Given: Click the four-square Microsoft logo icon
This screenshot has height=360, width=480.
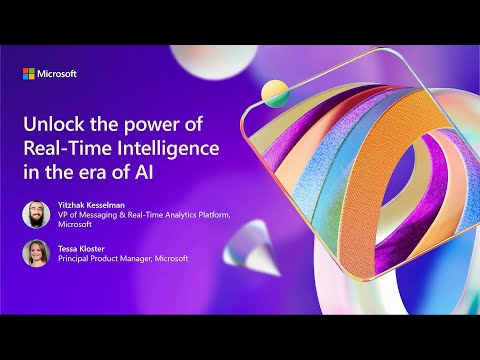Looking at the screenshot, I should tap(28, 73).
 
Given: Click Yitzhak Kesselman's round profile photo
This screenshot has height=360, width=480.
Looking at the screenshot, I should tap(35, 213).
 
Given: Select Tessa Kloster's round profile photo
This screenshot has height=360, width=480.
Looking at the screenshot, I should tap(35, 253).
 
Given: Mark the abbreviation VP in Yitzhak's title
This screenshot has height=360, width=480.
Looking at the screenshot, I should tap(63, 216).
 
